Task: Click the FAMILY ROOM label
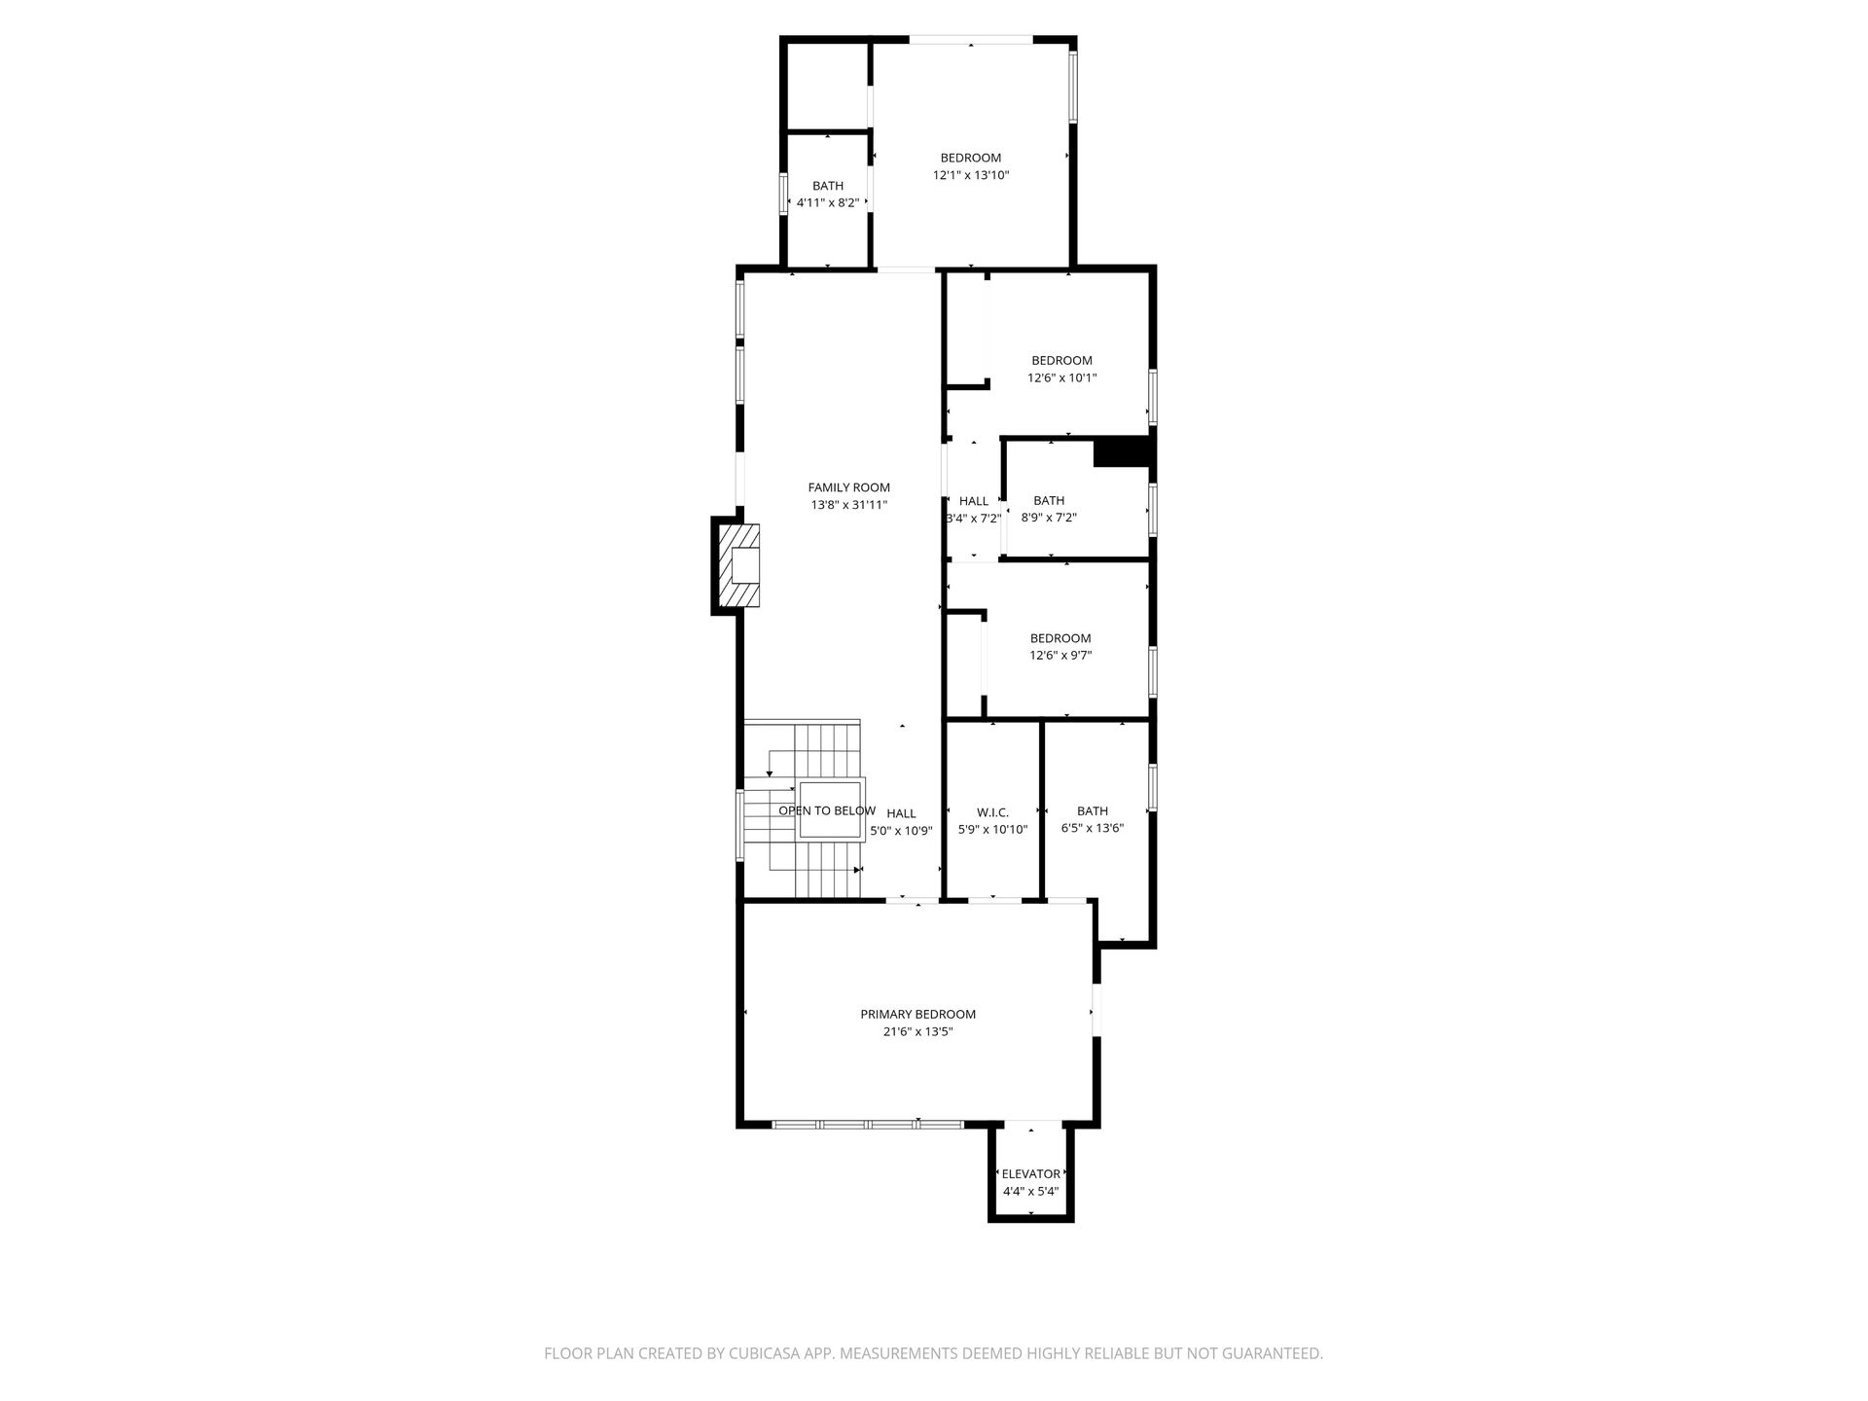point(848,487)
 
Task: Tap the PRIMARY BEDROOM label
point(917,1014)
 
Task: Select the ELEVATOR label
point(1030,1174)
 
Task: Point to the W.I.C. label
point(992,812)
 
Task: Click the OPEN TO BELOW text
point(827,810)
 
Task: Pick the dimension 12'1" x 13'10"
point(971,175)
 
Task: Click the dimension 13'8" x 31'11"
point(848,505)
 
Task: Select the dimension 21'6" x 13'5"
point(917,1031)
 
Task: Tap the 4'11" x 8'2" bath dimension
point(828,203)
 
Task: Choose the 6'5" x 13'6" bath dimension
point(1093,829)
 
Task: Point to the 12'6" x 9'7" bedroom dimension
point(1060,656)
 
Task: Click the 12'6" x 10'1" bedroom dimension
point(1061,377)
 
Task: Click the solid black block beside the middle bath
point(1122,453)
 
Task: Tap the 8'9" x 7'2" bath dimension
point(1049,518)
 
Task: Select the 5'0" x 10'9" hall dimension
point(901,831)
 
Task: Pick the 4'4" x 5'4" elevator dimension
point(1030,1191)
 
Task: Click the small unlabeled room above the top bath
point(827,86)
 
